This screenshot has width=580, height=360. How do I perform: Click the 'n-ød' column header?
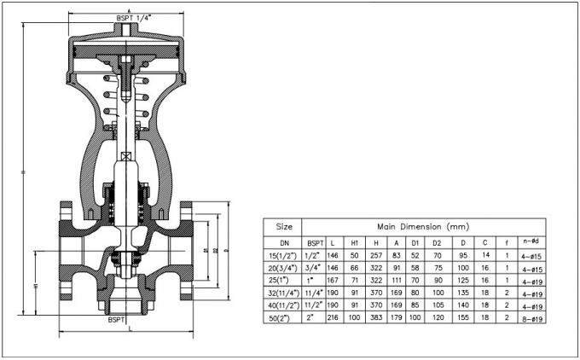click(532, 241)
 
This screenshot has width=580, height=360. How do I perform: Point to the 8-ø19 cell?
click(532, 317)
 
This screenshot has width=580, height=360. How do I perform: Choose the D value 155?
click(463, 317)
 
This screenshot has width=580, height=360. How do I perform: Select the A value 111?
click(396, 280)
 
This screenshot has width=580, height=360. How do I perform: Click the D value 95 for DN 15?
click(463, 255)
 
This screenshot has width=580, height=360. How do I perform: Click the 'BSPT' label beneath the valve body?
click(116, 320)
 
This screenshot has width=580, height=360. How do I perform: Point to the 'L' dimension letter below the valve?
click(128, 330)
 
